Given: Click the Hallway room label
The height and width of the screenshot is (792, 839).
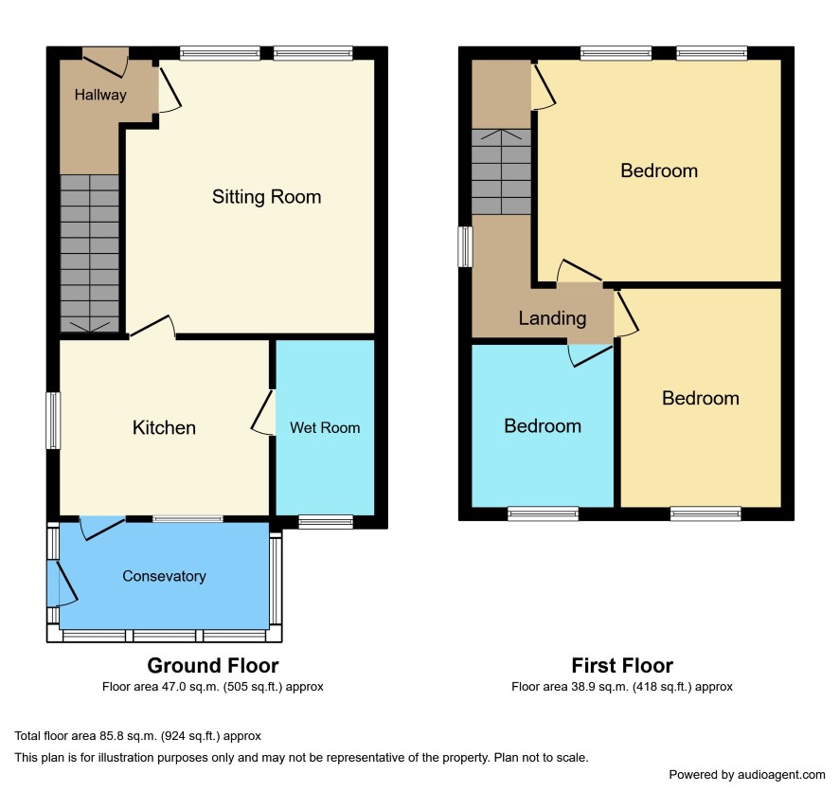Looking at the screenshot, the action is (x=100, y=95).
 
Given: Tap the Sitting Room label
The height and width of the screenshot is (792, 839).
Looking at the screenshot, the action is (x=266, y=197).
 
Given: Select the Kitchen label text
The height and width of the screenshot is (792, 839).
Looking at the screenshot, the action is (x=164, y=427).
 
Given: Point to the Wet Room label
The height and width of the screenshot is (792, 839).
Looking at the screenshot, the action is (x=325, y=427).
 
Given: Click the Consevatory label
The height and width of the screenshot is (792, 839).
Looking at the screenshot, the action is (x=164, y=576).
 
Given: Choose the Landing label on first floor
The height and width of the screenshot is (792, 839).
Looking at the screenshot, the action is (x=552, y=318).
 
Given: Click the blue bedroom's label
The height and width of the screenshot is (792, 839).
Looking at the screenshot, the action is (x=543, y=426).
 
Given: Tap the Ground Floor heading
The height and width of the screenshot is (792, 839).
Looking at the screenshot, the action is (x=213, y=665).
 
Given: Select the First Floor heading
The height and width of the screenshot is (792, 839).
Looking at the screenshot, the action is (x=622, y=665).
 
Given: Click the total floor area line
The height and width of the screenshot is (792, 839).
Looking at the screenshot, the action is (x=137, y=736).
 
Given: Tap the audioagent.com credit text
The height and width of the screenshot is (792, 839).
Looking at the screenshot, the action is (x=747, y=774).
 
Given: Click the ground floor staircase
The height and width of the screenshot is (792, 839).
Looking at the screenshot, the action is (x=89, y=254).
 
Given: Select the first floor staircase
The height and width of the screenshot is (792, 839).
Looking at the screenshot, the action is (x=501, y=171).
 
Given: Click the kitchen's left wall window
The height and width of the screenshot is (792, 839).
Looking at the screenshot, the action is (x=53, y=421).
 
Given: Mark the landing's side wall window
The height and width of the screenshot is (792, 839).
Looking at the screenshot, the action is (x=466, y=246).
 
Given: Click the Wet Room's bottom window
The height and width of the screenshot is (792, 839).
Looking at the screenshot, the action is (x=326, y=521).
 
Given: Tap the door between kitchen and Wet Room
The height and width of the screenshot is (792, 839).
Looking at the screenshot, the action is (x=263, y=412).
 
